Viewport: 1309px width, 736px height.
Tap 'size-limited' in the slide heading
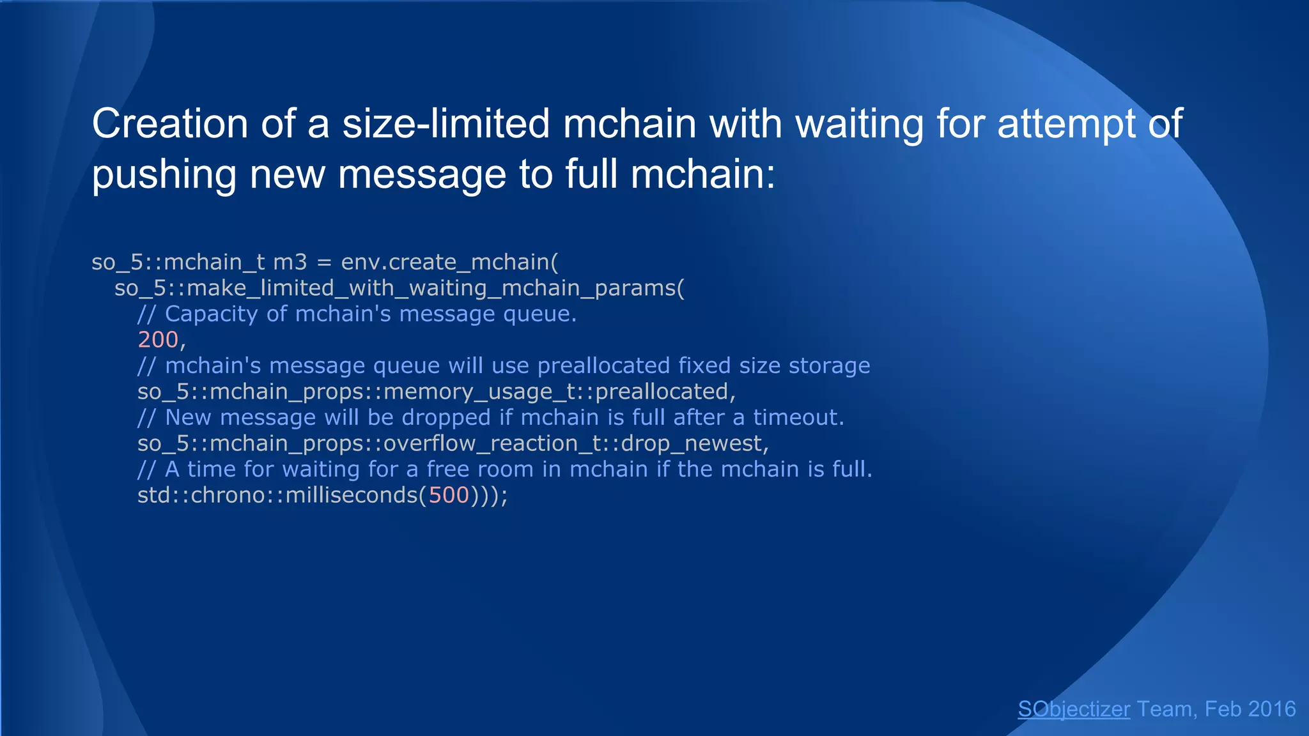(x=445, y=123)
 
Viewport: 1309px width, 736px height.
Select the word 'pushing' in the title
(x=164, y=174)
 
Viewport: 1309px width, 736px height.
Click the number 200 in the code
(x=158, y=340)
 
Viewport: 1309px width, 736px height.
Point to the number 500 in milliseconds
(x=449, y=495)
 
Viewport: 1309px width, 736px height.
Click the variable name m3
(x=290, y=262)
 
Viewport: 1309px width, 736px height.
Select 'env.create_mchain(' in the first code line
(x=449, y=262)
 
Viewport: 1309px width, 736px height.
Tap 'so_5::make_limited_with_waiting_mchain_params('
(x=399, y=288)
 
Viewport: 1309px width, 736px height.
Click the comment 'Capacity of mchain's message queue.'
(x=371, y=314)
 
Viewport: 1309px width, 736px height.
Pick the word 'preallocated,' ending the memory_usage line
(x=665, y=392)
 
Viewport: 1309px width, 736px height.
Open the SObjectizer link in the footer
(x=1074, y=709)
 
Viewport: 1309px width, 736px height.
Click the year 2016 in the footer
(x=1271, y=709)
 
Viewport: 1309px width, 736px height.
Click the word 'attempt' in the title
(x=1066, y=123)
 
